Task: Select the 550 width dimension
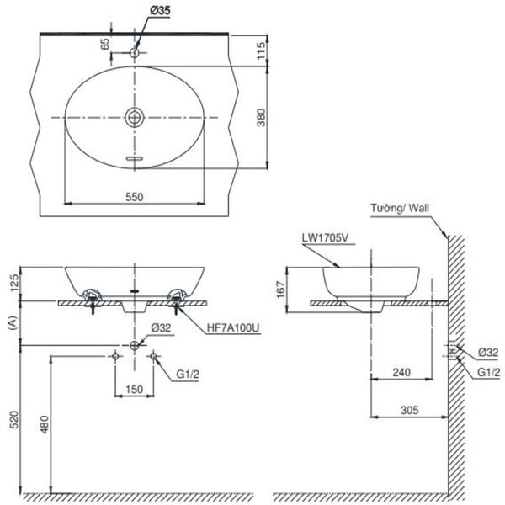click(135, 195)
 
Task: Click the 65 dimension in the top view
click(106, 45)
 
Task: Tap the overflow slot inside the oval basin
click(135, 157)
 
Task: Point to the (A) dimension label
click(11, 322)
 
